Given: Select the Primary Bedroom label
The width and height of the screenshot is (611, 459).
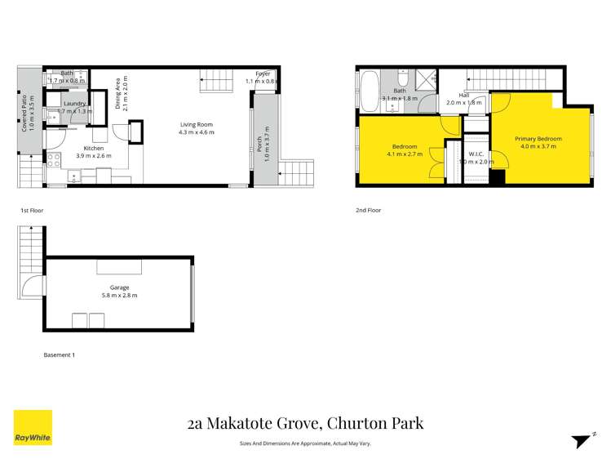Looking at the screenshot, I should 538,139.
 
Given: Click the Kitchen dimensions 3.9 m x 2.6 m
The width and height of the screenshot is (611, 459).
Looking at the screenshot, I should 93,155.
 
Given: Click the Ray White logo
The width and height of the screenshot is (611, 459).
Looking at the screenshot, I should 33,428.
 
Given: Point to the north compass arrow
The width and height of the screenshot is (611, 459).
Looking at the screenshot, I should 580,439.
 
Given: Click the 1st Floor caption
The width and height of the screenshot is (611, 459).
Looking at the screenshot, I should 31,210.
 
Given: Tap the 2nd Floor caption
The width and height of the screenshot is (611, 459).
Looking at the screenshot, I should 369,210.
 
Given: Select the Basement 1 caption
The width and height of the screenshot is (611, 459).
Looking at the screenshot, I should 59,354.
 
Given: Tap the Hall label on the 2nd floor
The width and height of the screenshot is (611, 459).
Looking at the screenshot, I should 463,96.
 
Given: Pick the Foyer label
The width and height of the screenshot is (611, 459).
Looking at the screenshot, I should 263,74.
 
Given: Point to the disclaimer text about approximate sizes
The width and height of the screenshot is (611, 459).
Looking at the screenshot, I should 305,443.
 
